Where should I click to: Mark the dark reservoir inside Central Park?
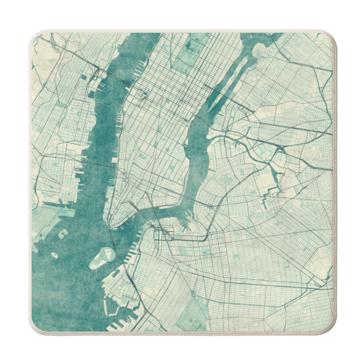tap(193, 45)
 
